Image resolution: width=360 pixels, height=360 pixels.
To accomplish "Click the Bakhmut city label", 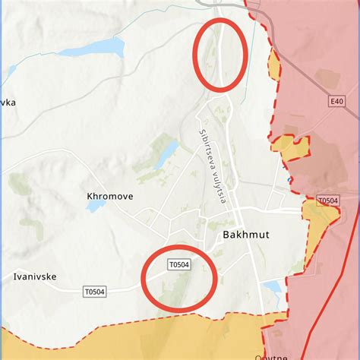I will tap(243, 235).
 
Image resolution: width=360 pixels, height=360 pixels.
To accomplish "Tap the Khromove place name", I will tap(110, 196).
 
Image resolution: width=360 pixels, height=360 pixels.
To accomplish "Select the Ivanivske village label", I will tap(35, 277).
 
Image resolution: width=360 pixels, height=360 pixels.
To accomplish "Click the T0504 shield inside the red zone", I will tap(328, 201).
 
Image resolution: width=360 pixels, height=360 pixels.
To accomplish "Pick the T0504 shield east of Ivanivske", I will tap(94, 291).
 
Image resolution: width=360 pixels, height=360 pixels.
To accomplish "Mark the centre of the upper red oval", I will tap(221, 54).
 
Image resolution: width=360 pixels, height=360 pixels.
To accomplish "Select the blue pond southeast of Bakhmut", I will tap(272, 287).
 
